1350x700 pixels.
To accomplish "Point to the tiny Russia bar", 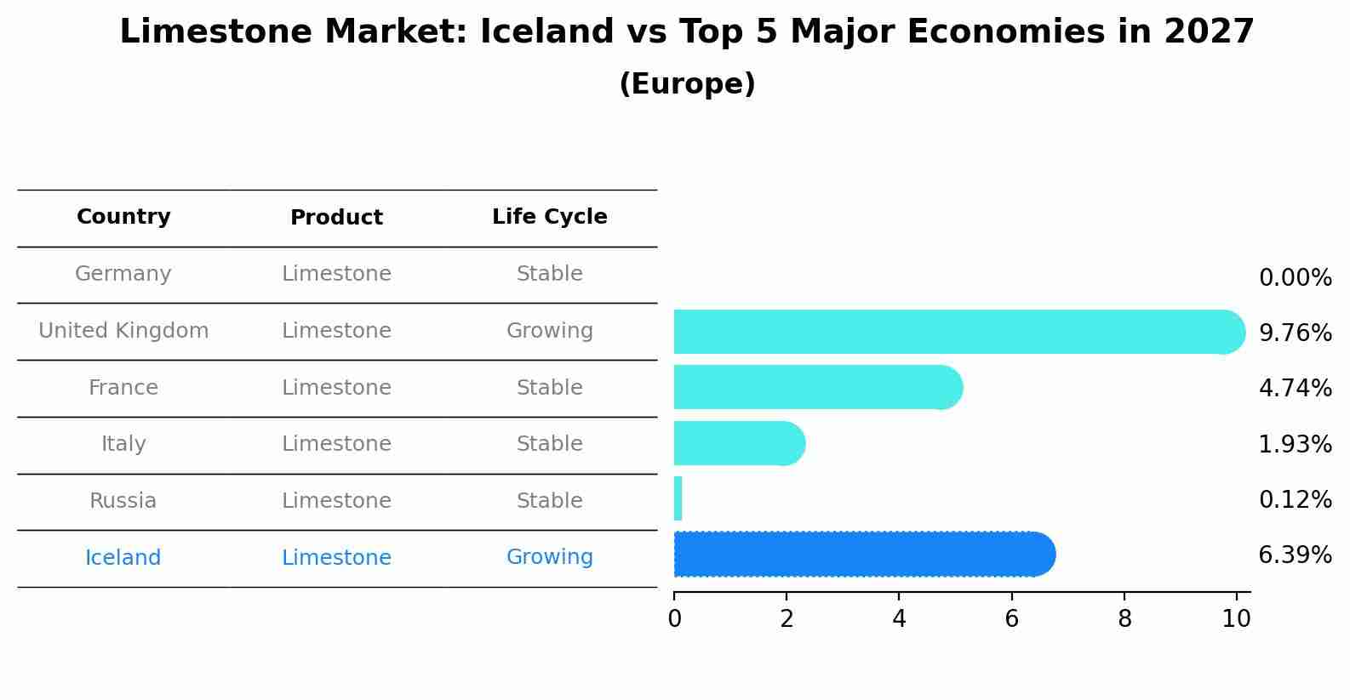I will (678, 498).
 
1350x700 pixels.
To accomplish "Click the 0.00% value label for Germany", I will (1295, 278).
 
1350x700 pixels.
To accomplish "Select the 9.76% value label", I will (1295, 333).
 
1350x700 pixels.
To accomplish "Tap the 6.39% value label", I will (1295, 555).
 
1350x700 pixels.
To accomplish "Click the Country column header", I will (123, 217).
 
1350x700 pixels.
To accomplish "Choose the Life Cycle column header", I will (550, 217).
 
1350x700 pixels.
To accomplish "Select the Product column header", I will (336, 218).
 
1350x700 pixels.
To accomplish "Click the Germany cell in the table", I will (123, 274).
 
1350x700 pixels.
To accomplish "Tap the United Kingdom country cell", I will (123, 331).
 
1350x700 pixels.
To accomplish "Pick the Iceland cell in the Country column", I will (123, 558).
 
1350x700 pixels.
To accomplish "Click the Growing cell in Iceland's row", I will (550, 557).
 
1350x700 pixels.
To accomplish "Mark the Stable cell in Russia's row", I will (550, 501).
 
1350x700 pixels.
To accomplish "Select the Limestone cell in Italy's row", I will (336, 444).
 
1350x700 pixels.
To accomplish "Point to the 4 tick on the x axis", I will (899, 619).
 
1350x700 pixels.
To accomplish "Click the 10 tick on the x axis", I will (1236, 619).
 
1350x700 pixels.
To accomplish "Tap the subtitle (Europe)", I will (687, 84).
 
